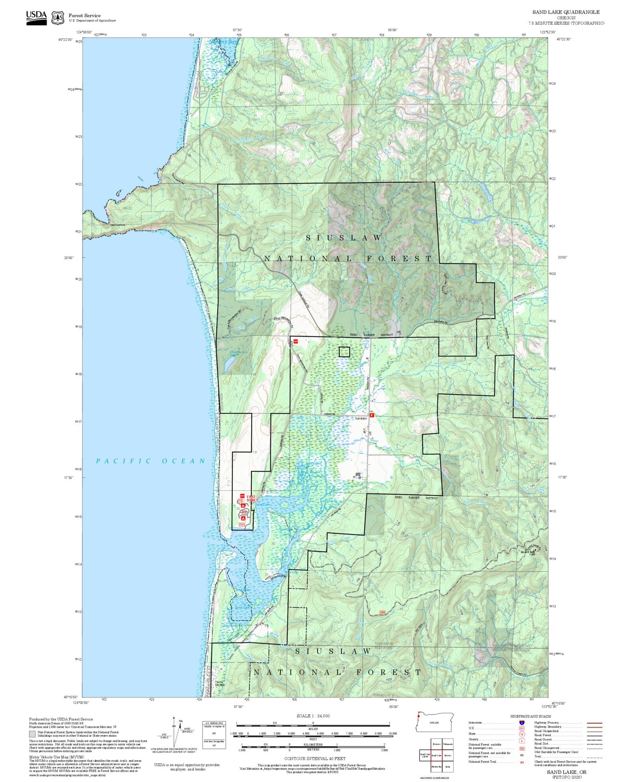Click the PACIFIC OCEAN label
click(150, 461)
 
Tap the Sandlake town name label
click(361, 418)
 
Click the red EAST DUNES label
click(252, 498)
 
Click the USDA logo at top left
click(36, 17)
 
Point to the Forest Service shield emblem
click(58, 18)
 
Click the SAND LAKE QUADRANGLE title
click(565, 12)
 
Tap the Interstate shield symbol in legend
click(522, 723)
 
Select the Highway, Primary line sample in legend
click(595, 723)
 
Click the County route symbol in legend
click(522, 740)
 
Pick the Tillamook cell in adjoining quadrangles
click(448, 744)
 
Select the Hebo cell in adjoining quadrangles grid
click(448, 767)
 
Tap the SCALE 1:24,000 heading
click(313, 716)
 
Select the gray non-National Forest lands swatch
click(32, 734)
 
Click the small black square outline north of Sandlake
click(344, 352)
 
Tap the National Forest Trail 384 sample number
click(522, 762)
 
